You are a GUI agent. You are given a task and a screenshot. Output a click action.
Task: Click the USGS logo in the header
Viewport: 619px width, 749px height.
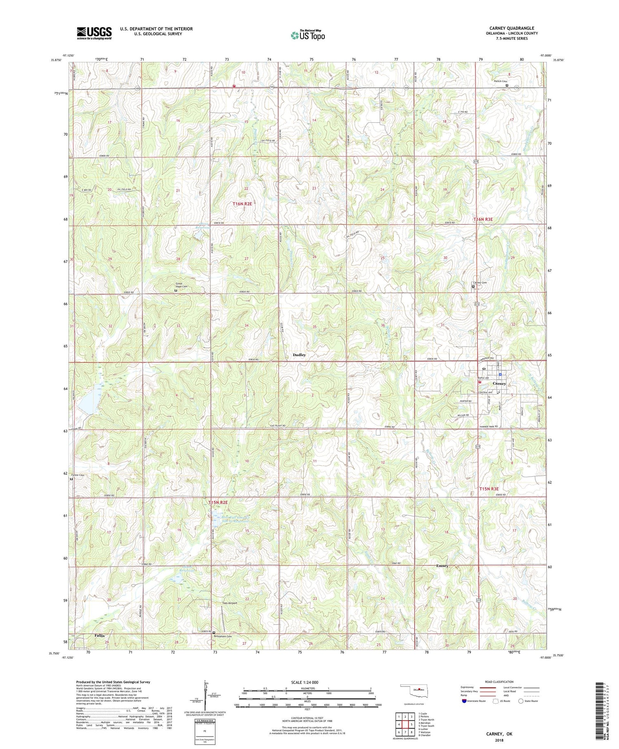click(94, 33)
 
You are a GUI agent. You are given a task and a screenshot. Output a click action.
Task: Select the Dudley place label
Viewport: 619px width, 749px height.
click(299, 355)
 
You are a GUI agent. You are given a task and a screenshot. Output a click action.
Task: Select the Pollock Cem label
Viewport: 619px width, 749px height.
click(501, 81)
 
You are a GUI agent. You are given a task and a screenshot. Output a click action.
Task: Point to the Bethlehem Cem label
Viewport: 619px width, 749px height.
click(222, 636)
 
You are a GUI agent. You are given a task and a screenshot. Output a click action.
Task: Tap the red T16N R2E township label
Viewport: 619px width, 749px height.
click(242, 204)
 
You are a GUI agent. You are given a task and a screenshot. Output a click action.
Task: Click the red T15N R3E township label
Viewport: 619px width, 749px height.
click(491, 489)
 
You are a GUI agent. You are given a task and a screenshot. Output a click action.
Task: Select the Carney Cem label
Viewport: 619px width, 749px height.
click(480, 283)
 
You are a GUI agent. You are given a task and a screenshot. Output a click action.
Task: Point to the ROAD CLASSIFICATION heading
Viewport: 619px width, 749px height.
click(499, 682)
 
